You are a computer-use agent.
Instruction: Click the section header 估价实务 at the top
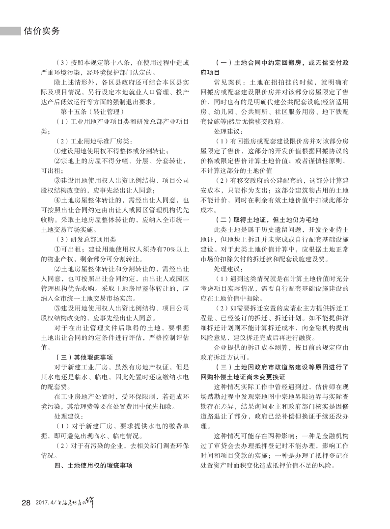point(42,31)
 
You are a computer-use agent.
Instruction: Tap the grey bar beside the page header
point(10,31)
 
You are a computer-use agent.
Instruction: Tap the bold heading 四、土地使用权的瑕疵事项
point(93,464)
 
